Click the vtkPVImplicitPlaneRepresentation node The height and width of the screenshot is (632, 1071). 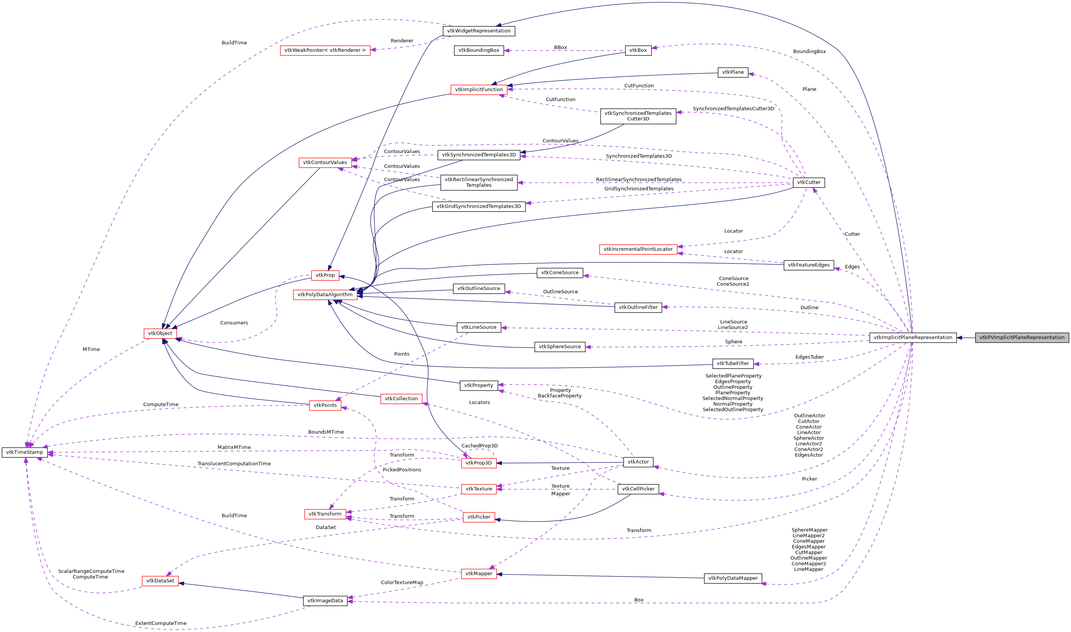click(1022, 338)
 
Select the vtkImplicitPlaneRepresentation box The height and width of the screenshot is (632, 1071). click(912, 338)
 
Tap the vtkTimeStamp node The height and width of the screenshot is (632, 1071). click(24, 452)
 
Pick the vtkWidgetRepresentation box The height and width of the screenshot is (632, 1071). click(478, 31)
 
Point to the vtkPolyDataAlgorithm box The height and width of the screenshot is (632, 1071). click(325, 295)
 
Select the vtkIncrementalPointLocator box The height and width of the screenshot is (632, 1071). click(638, 249)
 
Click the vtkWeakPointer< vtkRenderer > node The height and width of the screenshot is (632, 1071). click(325, 50)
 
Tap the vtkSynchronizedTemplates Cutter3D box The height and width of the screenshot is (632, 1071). click(638, 116)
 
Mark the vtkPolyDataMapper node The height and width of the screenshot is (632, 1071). click(732, 578)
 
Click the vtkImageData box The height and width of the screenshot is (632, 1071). click(325, 601)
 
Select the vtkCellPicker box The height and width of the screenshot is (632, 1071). click(638, 489)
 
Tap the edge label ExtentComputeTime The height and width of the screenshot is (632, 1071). click(161, 624)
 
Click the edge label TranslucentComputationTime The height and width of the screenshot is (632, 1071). click(234, 464)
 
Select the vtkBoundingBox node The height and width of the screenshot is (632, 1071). click(478, 50)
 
